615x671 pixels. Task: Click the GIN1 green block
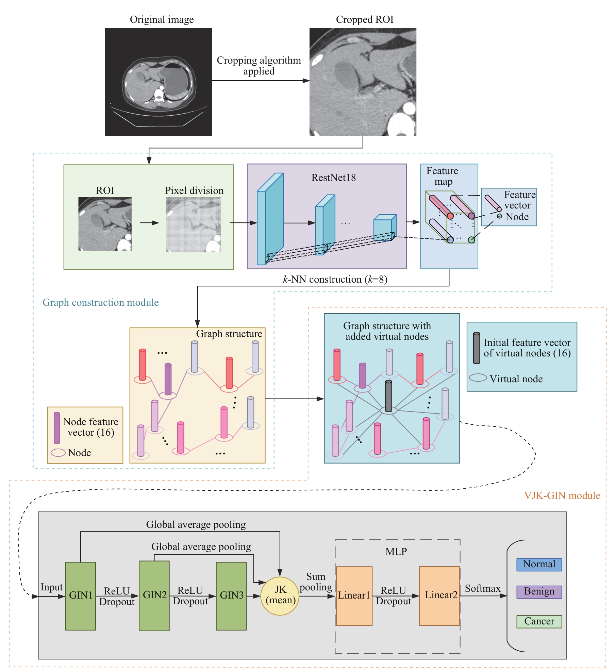[80, 596]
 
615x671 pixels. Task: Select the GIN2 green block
[154, 596]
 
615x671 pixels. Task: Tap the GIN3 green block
[231, 596]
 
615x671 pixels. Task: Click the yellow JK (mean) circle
[280, 596]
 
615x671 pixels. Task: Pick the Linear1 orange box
[354, 596]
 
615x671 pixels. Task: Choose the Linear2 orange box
[439, 596]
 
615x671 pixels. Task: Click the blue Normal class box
[539, 565]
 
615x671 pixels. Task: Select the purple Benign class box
[539, 592]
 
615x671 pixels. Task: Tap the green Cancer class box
[539, 621]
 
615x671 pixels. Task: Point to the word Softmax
[483, 589]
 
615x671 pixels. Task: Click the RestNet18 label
[333, 178]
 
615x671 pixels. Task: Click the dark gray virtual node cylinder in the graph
[388, 396]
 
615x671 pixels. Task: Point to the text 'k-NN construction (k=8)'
[335, 279]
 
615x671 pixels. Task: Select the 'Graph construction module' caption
[100, 302]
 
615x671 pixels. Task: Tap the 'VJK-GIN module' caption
[562, 496]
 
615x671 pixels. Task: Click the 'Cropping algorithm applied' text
[259, 66]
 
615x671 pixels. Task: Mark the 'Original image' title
[162, 19]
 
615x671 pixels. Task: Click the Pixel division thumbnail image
[193, 224]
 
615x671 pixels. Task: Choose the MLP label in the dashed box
[396, 551]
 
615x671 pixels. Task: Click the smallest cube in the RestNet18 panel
[384, 228]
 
